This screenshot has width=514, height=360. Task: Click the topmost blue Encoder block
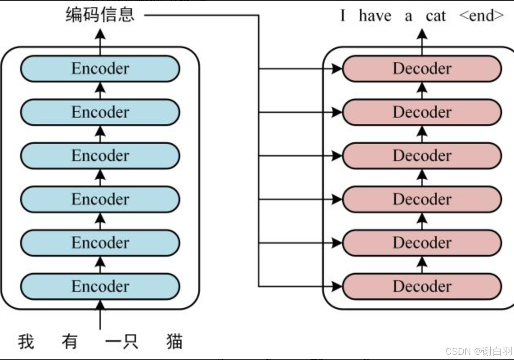(100, 68)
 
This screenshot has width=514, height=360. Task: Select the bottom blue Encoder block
(100, 286)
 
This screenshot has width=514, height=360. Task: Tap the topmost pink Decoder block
(422, 68)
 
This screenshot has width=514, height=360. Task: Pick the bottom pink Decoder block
(422, 286)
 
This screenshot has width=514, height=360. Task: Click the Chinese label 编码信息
(100, 15)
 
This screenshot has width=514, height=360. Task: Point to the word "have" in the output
(375, 16)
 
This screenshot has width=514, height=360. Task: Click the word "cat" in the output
(436, 16)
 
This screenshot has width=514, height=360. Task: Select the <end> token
(481, 16)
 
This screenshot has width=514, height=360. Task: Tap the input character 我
(26, 342)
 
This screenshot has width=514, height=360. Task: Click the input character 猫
(174, 342)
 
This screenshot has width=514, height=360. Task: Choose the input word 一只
(122, 342)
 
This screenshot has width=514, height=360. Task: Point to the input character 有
(69, 342)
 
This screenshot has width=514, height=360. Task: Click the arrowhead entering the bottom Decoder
(337, 286)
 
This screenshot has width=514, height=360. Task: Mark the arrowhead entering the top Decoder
(337, 68)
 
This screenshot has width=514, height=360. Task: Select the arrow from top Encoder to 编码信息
(100, 41)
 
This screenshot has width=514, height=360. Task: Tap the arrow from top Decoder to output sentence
(422, 41)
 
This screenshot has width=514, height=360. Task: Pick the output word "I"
(342, 16)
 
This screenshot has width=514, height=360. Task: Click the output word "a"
(408, 17)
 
